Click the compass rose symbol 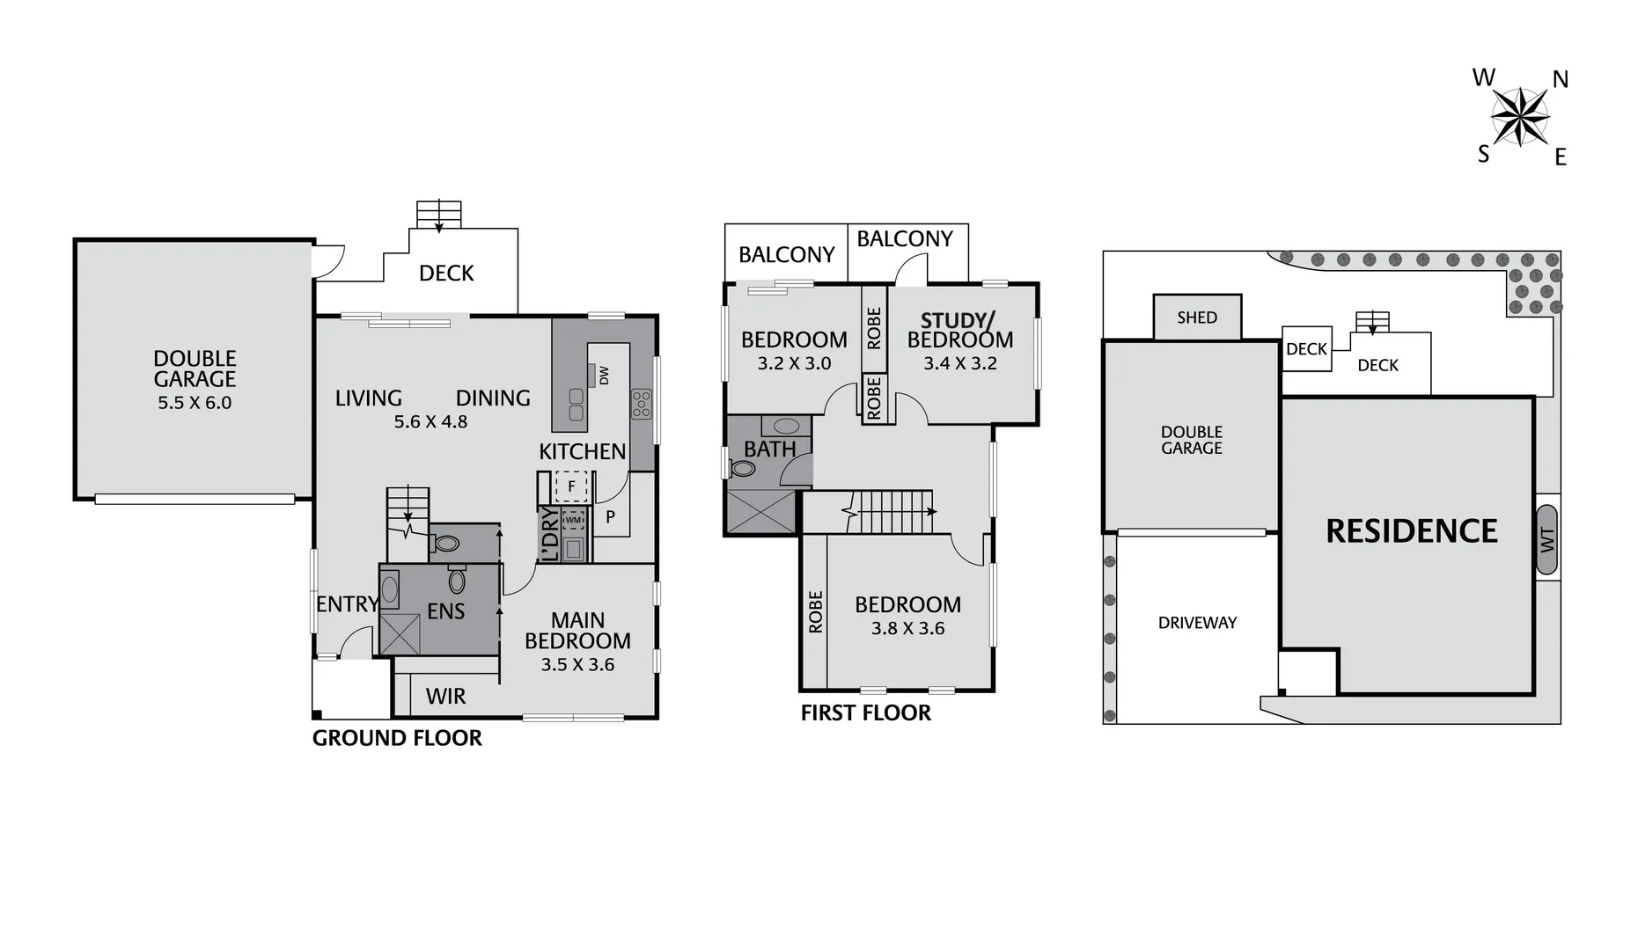(x=1520, y=117)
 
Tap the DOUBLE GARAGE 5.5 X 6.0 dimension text (x=195, y=403)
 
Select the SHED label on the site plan (x=1197, y=318)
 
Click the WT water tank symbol (x=1547, y=539)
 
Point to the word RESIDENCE (x=1411, y=531)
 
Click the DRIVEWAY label (x=1197, y=623)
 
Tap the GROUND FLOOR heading (x=397, y=738)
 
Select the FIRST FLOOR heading (x=865, y=712)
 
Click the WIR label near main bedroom (x=445, y=697)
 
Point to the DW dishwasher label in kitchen (x=604, y=376)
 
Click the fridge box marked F (x=571, y=486)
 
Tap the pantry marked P (x=610, y=517)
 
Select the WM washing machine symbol (x=573, y=520)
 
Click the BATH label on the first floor (x=769, y=449)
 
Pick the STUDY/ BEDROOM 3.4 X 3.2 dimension (x=959, y=364)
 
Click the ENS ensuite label (x=445, y=611)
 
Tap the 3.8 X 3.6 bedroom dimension (x=907, y=629)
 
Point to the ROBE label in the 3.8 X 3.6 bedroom (x=815, y=611)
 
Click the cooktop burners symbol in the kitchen (x=641, y=404)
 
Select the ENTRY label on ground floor (x=347, y=604)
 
